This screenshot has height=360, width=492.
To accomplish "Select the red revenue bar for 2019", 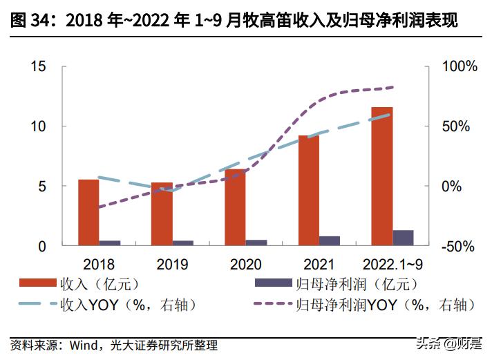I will (x=162, y=214).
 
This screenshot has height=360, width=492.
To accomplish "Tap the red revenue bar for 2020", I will (x=235, y=207).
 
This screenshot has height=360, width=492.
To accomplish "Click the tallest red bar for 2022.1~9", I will (x=381, y=176).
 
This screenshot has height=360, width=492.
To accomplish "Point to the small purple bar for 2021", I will (x=330, y=240).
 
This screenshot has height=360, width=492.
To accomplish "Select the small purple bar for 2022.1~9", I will (x=403, y=237).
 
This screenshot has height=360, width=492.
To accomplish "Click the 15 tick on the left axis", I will (x=38, y=67).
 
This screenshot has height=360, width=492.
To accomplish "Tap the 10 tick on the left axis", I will (x=38, y=126).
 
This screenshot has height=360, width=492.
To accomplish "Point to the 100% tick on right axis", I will (x=460, y=67).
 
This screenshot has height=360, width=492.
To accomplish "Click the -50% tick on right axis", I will (x=460, y=246).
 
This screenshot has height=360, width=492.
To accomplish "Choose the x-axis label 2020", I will (x=245, y=264).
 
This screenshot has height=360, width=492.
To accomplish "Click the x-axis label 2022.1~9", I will (x=392, y=264).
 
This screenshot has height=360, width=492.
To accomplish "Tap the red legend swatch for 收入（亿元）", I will (x=38, y=284).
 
